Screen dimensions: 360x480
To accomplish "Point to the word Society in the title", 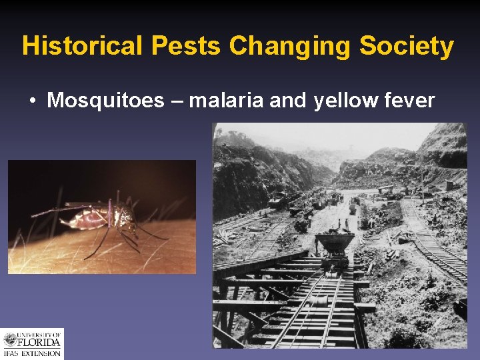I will click(x=407, y=46).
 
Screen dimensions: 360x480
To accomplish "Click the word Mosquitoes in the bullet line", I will click(x=105, y=101).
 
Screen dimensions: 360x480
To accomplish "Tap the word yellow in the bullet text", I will click(x=343, y=101).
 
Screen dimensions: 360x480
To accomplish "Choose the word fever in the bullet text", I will click(x=409, y=101).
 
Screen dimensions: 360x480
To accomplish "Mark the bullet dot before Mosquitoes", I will click(x=32, y=101).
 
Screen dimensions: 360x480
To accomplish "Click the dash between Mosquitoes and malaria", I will click(x=176, y=101).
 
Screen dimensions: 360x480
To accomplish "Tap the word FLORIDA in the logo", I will click(x=40, y=342).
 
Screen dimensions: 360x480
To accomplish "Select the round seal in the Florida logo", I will click(x=9, y=341).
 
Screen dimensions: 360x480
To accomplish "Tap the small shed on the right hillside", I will click(x=451, y=185).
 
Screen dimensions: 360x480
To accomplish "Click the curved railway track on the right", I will click(x=437, y=247).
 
